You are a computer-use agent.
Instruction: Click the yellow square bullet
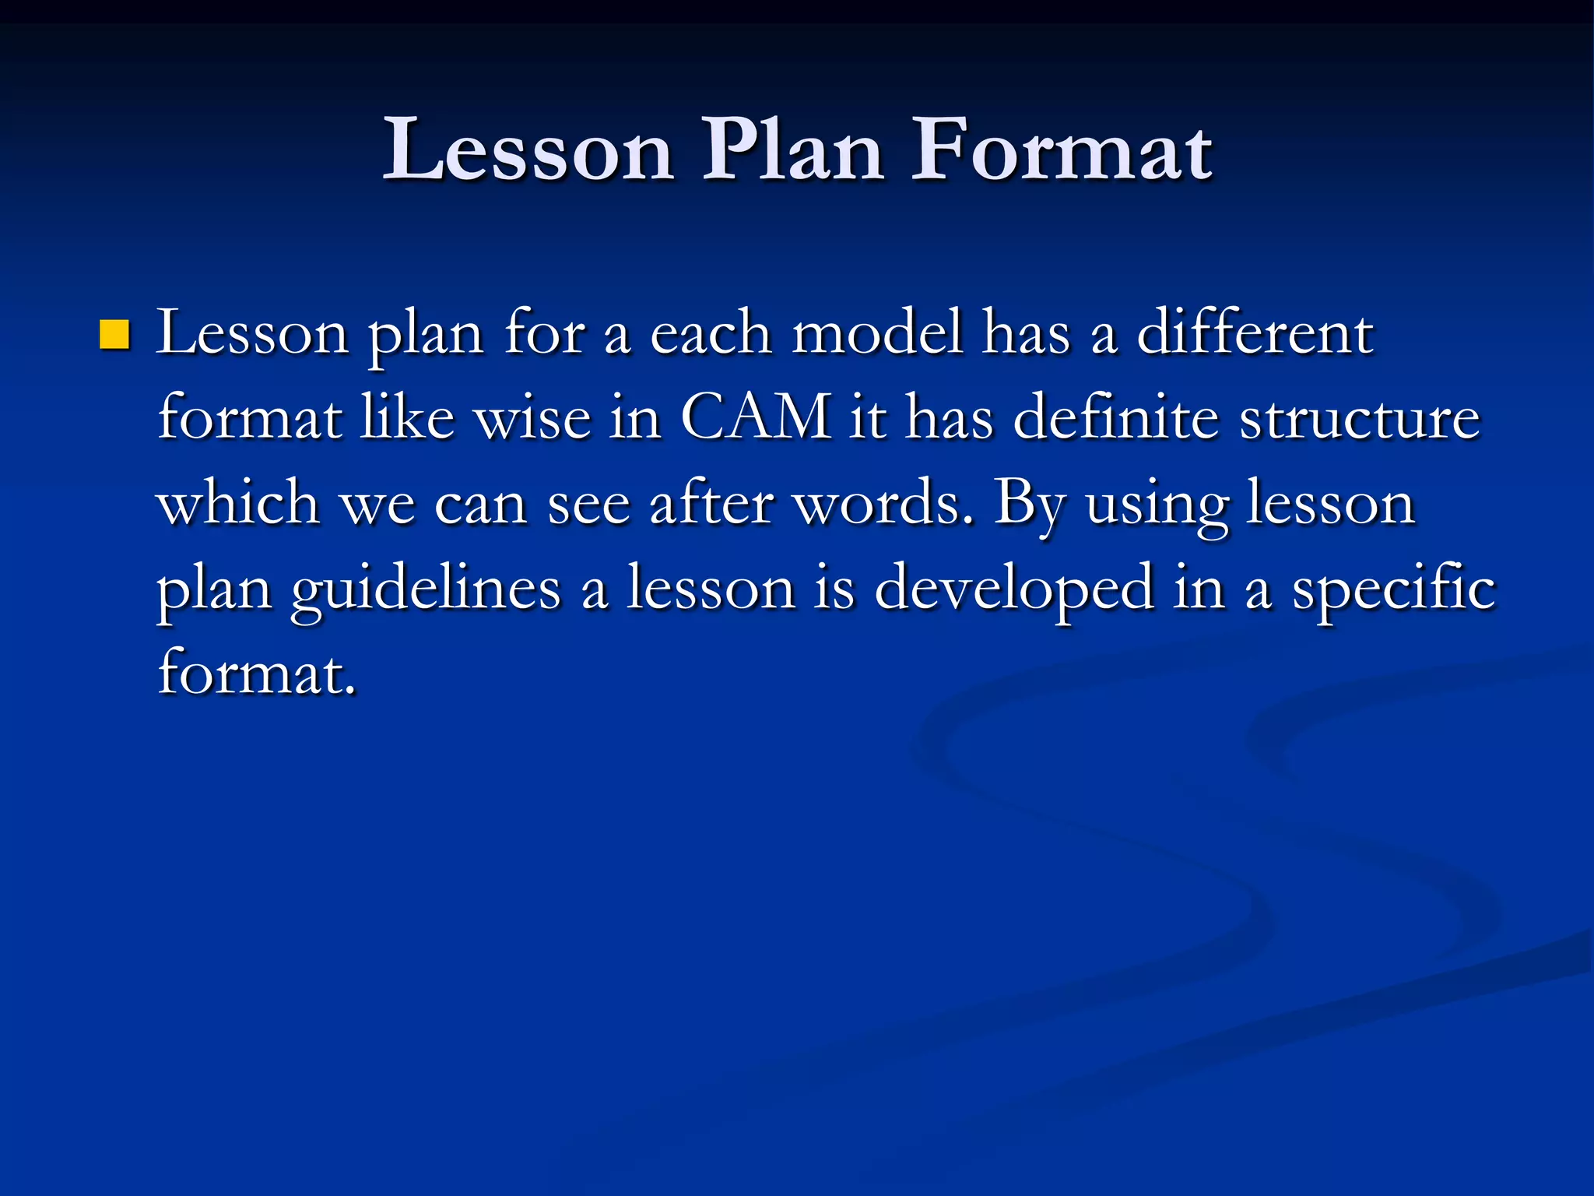point(114,335)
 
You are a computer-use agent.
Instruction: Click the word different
point(1255,333)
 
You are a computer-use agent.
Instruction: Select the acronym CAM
point(755,418)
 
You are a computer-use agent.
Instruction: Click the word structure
point(1359,418)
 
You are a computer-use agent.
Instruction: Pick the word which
point(238,503)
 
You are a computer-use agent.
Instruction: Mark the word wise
point(532,418)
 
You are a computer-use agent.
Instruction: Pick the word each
point(710,333)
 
